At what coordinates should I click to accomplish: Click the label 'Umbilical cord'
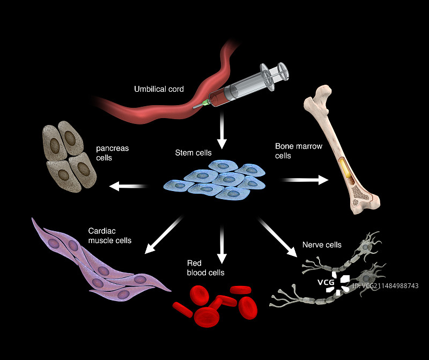(x=159, y=89)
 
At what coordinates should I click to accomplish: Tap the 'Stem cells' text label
(x=193, y=153)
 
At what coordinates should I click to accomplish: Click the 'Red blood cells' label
(x=205, y=268)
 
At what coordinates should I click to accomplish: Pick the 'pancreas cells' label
(x=112, y=152)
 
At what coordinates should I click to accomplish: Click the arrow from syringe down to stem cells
(x=222, y=132)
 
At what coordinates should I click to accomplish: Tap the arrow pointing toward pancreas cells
(x=128, y=186)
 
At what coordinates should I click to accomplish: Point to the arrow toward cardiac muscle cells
(x=165, y=234)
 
